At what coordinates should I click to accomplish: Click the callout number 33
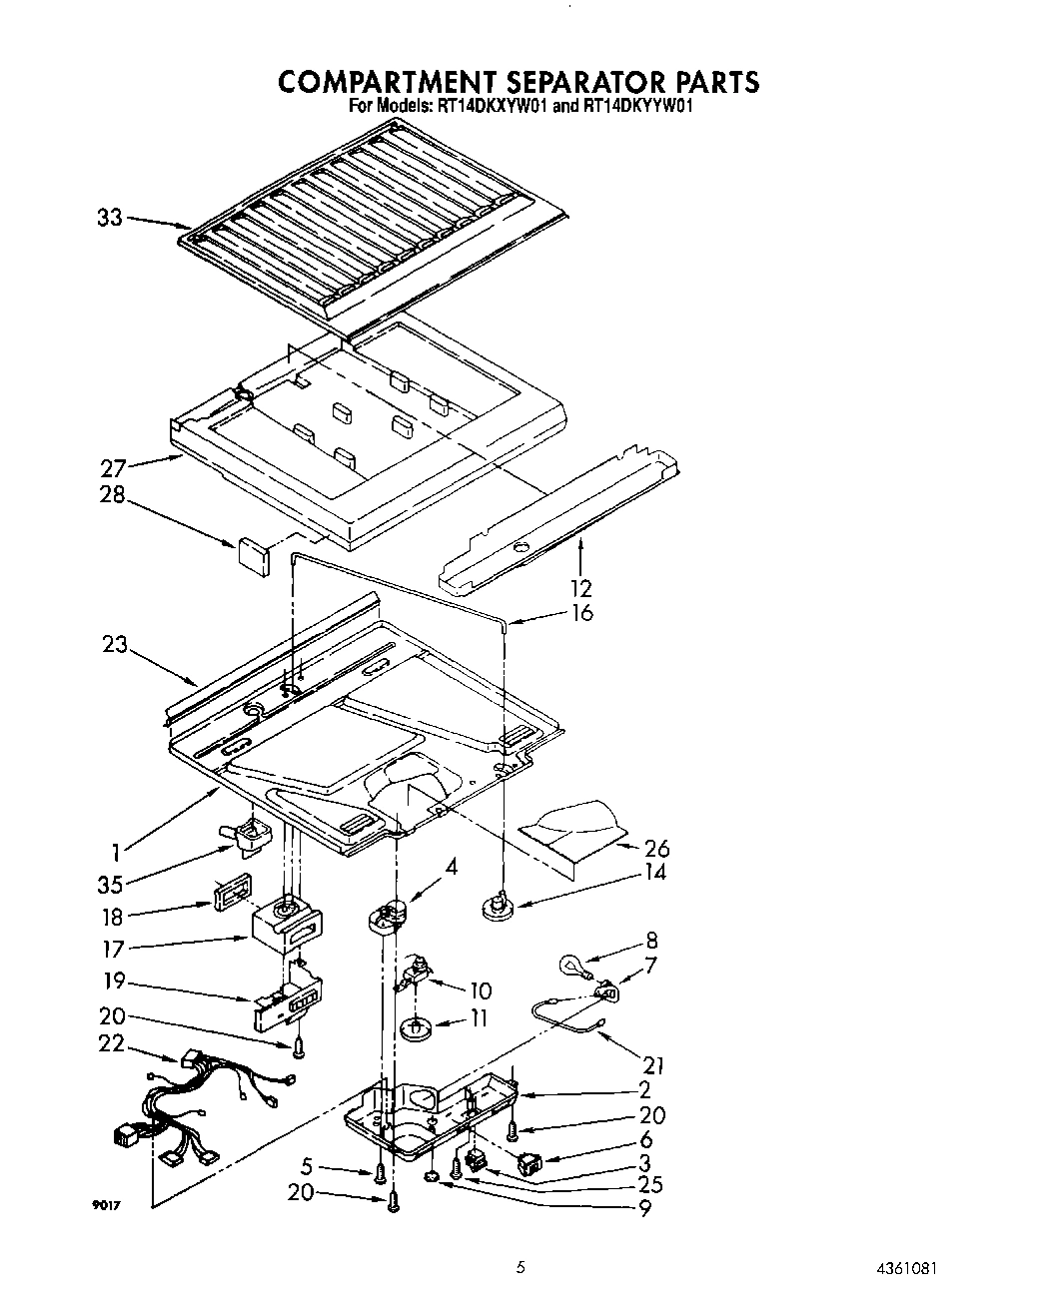point(110,217)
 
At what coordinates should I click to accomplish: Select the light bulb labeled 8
point(572,965)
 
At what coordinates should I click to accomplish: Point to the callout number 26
point(656,849)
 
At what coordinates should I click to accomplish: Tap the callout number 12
point(580,588)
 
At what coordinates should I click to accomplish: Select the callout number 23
point(115,645)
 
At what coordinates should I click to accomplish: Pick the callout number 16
point(580,612)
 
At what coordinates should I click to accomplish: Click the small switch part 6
point(528,1161)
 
